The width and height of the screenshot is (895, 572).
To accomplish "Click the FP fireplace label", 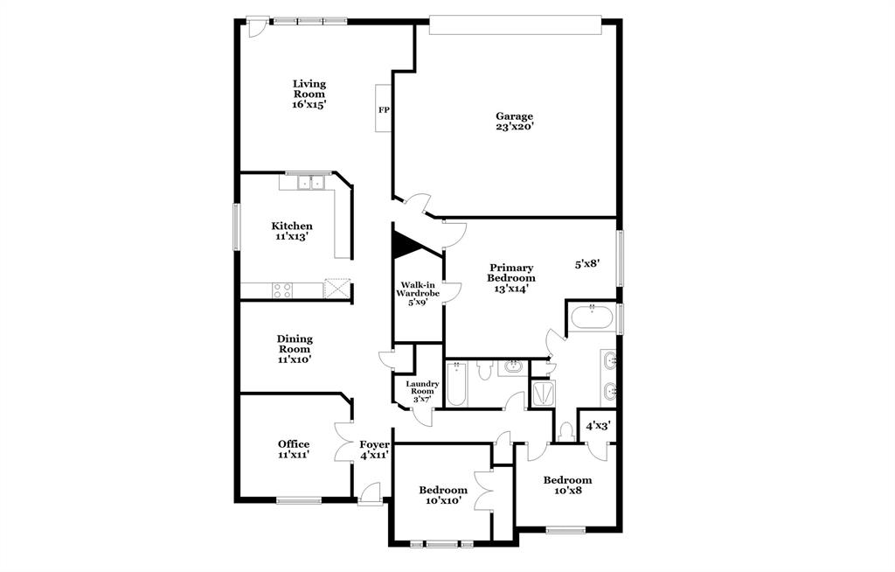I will click(384, 110).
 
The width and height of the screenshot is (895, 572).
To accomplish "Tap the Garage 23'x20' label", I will click(514, 122).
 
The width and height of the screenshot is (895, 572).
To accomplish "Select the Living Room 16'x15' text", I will click(309, 94).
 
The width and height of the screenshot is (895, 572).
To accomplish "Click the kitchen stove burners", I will click(282, 290).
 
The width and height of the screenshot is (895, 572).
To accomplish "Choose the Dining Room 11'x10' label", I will click(295, 348).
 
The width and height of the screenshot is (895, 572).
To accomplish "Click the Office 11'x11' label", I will click(294, 450).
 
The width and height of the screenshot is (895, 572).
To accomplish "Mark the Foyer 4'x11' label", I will click(374, 450).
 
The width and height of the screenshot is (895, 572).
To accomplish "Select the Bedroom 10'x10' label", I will click(442, 496).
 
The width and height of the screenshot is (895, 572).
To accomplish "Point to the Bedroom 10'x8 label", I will click(567, 485).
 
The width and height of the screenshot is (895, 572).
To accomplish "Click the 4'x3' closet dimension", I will click(598, 426).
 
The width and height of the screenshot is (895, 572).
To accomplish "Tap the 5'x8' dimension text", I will click(586, 263).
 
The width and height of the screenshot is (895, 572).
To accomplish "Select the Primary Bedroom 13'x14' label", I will click(511, 277).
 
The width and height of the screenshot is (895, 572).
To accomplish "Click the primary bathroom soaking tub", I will click(592, 318).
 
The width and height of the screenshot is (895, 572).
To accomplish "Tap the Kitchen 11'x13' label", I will click(291, 231).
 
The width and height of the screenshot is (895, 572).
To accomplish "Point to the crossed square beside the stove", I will click(336, 289).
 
